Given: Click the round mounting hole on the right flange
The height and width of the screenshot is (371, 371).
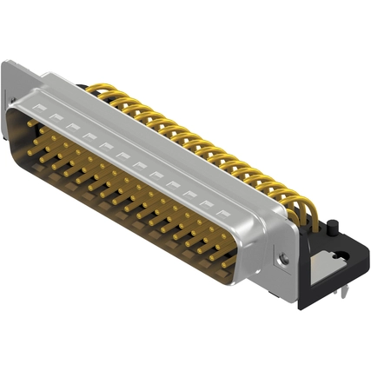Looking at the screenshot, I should [282, 258].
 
